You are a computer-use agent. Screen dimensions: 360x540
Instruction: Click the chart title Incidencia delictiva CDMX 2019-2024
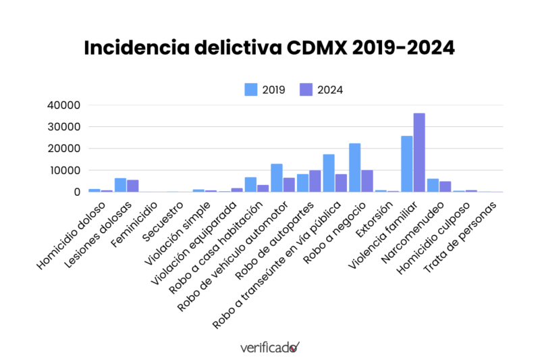(x=270, y=49)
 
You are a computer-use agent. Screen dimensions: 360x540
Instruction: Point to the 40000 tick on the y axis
(x=64, y=105)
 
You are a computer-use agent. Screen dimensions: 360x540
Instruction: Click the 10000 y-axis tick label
(x=64, y=170)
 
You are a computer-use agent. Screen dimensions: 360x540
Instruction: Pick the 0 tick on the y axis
(x=76, y=192)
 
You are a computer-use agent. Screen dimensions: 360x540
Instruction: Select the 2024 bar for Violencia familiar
(x=419, y=153)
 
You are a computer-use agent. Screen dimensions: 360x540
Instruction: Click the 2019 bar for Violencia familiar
(x=407, y=164)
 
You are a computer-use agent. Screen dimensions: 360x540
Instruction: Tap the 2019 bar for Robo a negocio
(x=355, y=168)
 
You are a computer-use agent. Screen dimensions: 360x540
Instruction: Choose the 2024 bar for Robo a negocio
(x=367, y=181)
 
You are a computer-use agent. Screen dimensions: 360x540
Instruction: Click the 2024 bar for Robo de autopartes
(x=315, y=181)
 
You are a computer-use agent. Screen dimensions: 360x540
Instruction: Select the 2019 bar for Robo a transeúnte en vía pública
(x=329, y=173)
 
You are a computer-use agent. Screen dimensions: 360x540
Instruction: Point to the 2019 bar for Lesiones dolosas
(x=120, y=185)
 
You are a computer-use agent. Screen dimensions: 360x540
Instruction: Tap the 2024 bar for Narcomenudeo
(x=446, y=186)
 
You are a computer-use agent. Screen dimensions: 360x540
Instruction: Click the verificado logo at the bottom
(x=269, y=347)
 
